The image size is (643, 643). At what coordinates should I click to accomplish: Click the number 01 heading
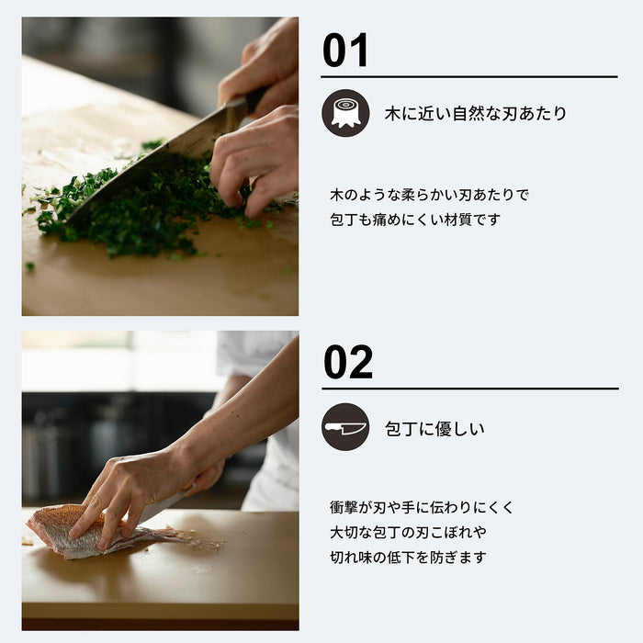pyautogui.click(x=345, y=51)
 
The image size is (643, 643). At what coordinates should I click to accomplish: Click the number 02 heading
pyautogui.click(x=348, y=363)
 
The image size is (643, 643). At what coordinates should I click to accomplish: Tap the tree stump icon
pyautogui.click(x=345, y=113)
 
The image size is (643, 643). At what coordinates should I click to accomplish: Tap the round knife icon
pyautogui.click(x=345, y=427)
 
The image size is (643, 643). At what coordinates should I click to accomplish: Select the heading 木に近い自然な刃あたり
pyautogui.click(x=475, y=114)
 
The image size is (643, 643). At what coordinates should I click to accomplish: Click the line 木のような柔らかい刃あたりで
pyautogui.click(x=429, y=195)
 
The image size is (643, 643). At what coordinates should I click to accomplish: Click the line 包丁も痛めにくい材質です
pyautogui.click(x=415, y=220)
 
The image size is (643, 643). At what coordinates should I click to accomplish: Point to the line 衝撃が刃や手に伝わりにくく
pyautogui.click(x=422, y=507)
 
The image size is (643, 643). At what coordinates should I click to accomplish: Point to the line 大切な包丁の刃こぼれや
pyautogui.click(x=408, y=532)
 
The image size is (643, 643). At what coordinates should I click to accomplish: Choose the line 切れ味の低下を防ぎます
pyautogui.click(x=408, y=557)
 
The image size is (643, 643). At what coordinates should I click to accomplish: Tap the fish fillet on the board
pyautogui.click(x=83, y=533)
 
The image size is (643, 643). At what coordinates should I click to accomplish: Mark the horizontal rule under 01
pyautogui.click(x=469, y=77)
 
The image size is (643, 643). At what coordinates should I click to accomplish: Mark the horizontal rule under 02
pyautogui.click(x=469, y=389)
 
